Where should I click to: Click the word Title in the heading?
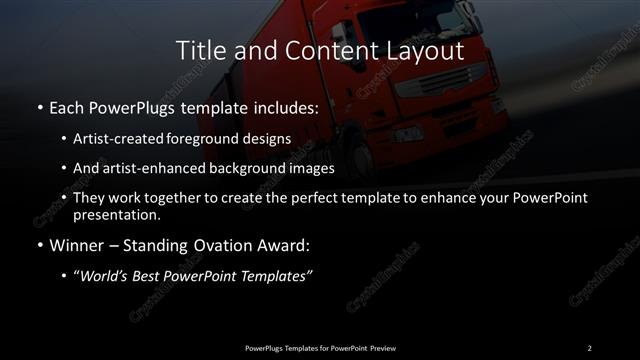click(x=198, y=50)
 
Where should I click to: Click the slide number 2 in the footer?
click(x=589, y=347)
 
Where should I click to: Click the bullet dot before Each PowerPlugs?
click(x=38, y=108)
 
